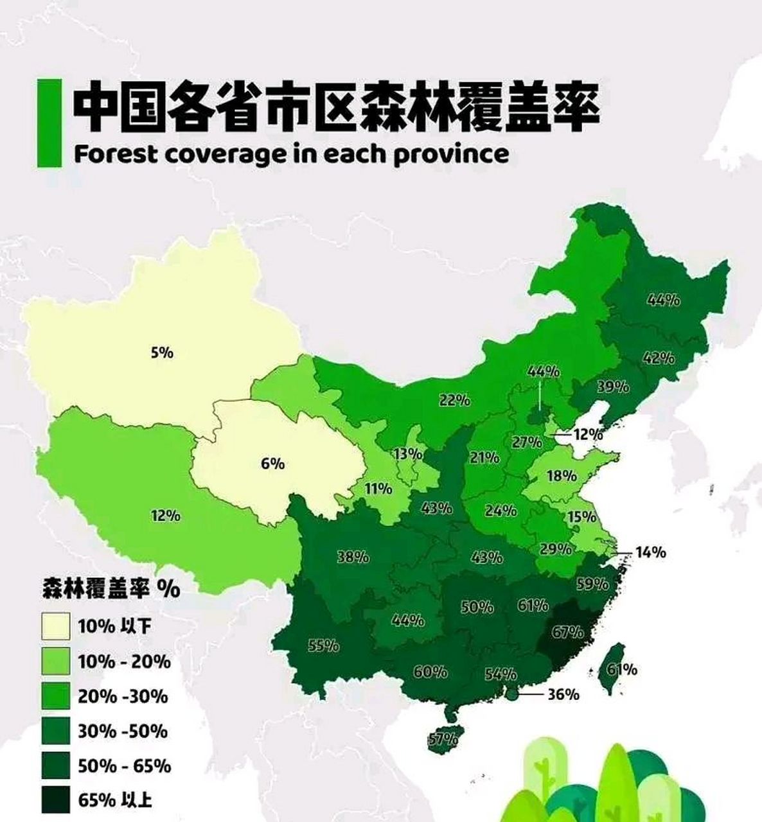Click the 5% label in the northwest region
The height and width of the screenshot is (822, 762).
coord(162,353)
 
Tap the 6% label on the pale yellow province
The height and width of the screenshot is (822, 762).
coord(272,463)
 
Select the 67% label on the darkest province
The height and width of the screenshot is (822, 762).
coord(567,632)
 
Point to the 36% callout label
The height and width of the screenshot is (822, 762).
coord(563,694)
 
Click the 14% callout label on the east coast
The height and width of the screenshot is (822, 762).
coord(651,552)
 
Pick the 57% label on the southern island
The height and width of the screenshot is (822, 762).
coord(443,739)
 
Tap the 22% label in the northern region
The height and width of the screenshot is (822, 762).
coord(454,400)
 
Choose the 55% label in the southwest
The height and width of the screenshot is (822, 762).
coord(323,645)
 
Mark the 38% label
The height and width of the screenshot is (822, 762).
coord(353,557)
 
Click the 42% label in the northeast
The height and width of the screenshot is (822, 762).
coord(659,358)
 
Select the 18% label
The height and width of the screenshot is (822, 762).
coord(562,476)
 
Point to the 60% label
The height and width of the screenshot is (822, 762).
coord(430,672)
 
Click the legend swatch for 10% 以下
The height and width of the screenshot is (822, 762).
coord(55,627)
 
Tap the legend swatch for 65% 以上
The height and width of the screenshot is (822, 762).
coord(55,800)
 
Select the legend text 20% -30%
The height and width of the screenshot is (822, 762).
coord(123,696)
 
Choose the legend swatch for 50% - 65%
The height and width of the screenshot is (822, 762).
coord(55,766)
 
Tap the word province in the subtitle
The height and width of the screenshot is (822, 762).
coord(450,155)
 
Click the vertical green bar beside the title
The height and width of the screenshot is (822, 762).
coord(49,123)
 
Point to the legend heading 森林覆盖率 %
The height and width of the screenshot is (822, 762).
coord(111,588)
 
